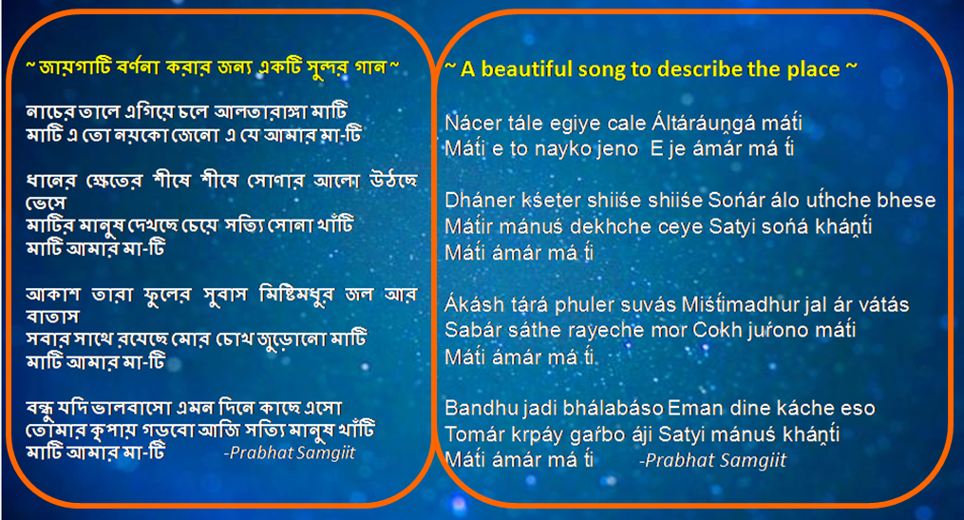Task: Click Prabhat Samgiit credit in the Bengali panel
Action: (x=290, y=453)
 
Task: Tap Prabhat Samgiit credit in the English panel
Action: (x=713, y=461)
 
